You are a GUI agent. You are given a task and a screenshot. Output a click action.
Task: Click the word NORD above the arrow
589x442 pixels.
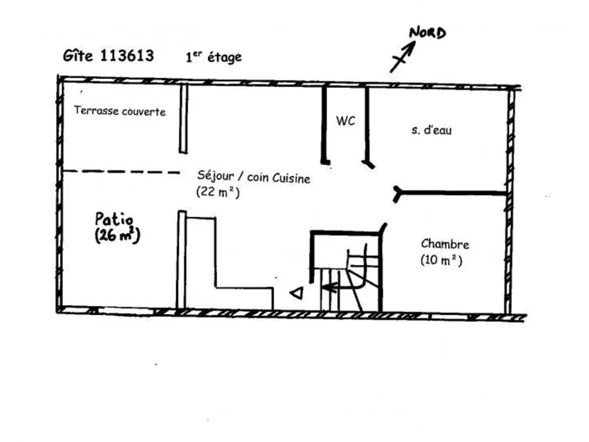[427, 33]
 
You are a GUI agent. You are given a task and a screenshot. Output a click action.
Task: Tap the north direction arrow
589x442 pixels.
[402, 56]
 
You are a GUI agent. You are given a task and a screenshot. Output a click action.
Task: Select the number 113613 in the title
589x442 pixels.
[127, 55]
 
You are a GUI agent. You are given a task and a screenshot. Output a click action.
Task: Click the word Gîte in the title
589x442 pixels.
[78, 56]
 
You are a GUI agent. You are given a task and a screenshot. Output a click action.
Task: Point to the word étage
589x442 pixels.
[225, 57]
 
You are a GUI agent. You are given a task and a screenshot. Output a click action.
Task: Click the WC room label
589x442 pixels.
[346, 121]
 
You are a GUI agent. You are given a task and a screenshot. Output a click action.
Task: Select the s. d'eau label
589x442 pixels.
[431, 130]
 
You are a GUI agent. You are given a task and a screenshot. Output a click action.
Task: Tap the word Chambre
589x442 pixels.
[445, 244]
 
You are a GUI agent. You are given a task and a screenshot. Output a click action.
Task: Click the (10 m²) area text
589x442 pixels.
[441, 260]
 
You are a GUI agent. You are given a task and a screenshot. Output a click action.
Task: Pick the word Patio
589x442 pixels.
[114, 219]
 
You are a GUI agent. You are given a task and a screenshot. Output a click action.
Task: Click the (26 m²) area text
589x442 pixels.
[117, 235]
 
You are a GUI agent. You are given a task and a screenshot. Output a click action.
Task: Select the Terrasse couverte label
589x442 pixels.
[120, 111]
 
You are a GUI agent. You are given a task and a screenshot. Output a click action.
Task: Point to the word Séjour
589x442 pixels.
[216, 176]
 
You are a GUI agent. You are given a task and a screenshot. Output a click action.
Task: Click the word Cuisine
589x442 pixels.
[291, 178]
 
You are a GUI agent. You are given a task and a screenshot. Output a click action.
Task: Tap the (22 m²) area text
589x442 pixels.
[218, 192]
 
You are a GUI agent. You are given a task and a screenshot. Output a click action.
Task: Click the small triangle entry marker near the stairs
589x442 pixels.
[297, 293]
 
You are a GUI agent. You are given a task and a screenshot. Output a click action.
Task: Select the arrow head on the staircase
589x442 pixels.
[329, 288]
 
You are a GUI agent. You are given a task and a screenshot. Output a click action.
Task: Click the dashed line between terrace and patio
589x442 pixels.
[121, 171]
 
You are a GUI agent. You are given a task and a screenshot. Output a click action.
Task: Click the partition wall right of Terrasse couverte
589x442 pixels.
[183, 119]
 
